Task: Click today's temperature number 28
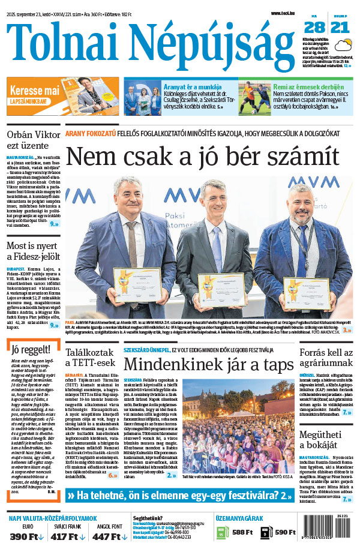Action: click(x=314, y=27)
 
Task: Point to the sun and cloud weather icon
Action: click(x=344, y=44)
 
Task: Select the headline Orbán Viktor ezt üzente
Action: click(x=32, y=140)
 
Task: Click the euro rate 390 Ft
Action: click(x=26, y=536)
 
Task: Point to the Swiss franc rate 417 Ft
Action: click(x=67, y=536)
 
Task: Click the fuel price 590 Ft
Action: click(x=285, y=532)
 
